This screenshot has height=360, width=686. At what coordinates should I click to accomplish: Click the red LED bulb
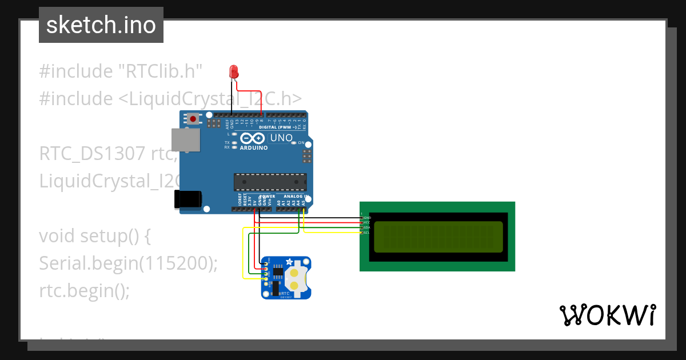click(x=233, y=71)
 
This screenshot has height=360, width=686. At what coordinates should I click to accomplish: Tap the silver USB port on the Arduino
click(x=186, y=139)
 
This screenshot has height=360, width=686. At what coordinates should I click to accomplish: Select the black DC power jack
click(x=188, y=199)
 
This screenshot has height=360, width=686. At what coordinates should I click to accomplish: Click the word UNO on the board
click(x=281, y=138)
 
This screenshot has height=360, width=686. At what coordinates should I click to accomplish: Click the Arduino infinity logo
click(x=252, y=138)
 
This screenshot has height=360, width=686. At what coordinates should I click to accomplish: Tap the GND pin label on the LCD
click(x=368, y=218)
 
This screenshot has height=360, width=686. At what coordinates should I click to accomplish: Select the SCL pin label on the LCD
click(x=367, y=233)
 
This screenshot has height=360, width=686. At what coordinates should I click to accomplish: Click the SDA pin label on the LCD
click(x=367, y=227)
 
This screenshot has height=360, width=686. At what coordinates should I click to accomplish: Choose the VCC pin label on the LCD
click(x=367, y=222)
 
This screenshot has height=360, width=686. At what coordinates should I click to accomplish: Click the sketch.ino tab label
click(x=101, y=25)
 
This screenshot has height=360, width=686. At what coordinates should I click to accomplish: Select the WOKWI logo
click(x=607, y=315)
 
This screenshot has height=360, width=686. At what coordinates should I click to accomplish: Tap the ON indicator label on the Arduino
click(x=301, y=142)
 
